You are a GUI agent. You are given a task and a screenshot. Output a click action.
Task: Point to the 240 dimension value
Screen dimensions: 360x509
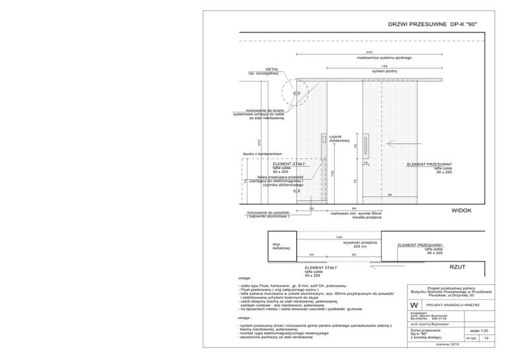point(368,52)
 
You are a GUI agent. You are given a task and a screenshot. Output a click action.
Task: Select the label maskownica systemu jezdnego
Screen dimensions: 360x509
point(368,58)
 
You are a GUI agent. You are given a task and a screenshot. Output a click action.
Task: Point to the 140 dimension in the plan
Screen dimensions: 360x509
point(339,237)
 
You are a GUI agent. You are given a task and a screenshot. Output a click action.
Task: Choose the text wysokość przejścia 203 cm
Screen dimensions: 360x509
point(361,244)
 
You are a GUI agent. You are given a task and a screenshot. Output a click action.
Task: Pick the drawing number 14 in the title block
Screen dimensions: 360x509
point(486,338)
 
